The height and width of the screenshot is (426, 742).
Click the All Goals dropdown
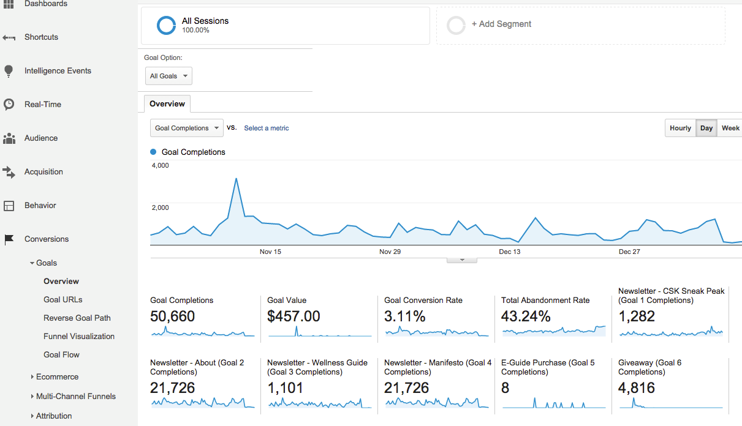[x=168, y=76]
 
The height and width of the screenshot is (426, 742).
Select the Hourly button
[x=680, y=128]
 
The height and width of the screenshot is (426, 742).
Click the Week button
[x=730, y=128]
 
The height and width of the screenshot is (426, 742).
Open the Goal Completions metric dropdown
[x=187, y=128]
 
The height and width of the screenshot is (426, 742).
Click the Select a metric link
[x=266, y=128]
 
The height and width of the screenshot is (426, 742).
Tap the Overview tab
[x=167, y=104]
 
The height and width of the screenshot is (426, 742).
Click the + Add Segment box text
[x=501, y=24]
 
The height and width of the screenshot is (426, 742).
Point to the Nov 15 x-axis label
[x=270, y=252]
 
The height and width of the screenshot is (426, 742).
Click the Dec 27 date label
[x=629, y=252]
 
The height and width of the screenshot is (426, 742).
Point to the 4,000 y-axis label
[x=161, y=165]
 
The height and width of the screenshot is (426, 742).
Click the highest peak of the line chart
[x=236, y=179]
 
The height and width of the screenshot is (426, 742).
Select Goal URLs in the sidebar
[x=62, y=299]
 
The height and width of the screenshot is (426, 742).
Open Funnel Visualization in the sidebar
[x=79, y=336]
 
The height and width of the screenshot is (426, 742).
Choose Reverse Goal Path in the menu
[x=77, y=318]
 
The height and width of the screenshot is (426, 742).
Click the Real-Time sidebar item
[x=43, y=104]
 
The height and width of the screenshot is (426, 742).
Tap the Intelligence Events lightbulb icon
[x=9, y=71]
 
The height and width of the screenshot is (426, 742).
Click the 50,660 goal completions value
[x=173, y=316]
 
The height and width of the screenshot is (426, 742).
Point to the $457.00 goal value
[x=293, y=316]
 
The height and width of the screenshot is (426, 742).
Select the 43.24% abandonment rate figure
[x=526, y=316]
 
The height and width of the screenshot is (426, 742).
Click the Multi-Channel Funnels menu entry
[x=76, y=396]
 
